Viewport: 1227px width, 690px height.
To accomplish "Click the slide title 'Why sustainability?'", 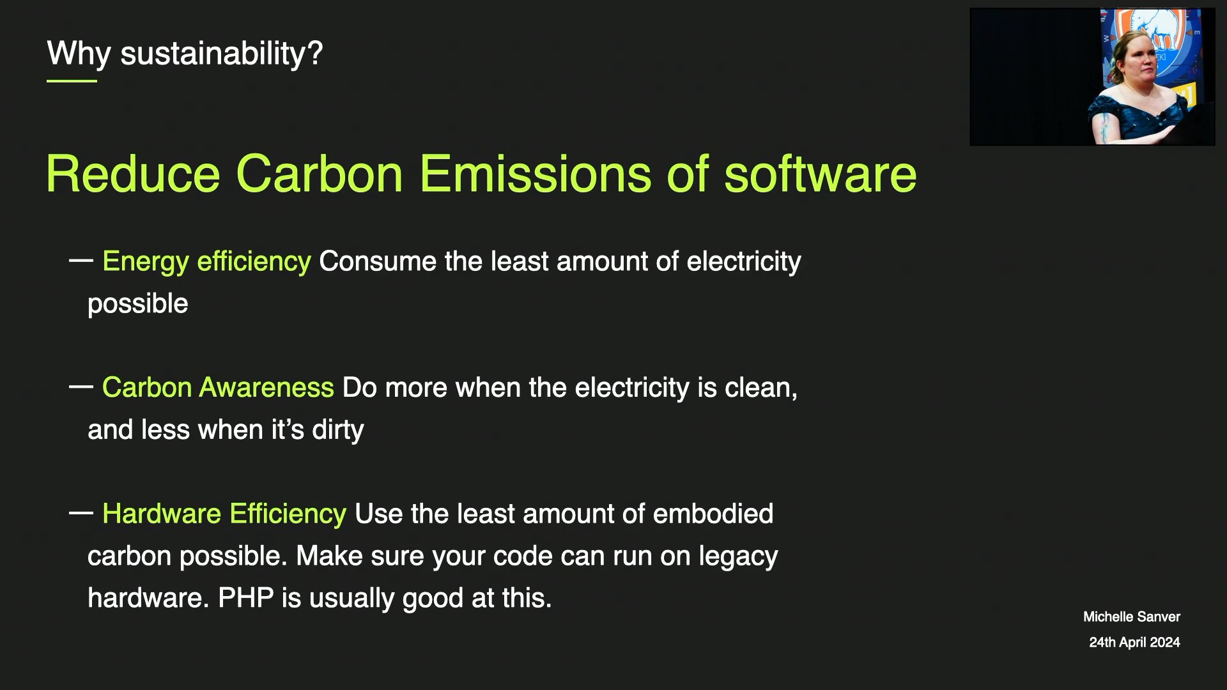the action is (x=185, y=54).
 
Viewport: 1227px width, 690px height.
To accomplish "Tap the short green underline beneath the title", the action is (x=72, y=81).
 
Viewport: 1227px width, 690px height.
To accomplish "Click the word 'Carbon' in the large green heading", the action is (x=320, y=174).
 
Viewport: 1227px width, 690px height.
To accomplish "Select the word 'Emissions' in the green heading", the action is (x=536, y=174).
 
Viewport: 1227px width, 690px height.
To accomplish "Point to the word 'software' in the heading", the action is (x=820, y=174).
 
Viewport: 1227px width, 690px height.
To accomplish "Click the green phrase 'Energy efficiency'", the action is (x=206, y=262).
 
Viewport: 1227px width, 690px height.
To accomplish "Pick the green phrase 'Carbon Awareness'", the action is (x=218, y=388).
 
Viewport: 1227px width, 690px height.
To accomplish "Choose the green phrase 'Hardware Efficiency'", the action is (x=224, y=514).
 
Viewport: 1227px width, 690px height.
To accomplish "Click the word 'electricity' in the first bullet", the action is (x=744, y=262).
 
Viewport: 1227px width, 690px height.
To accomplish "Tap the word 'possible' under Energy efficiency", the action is (x=138, y=304).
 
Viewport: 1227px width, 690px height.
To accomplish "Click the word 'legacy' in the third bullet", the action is (x=738, y=556).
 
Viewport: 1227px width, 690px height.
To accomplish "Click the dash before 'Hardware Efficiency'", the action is (x=81, y=512).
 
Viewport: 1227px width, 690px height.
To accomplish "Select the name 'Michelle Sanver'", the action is (x=1132, y=617).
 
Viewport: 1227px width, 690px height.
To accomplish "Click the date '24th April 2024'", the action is (x=1134, y=642).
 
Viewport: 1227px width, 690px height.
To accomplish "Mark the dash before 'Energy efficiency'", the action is (x=81, y=260).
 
